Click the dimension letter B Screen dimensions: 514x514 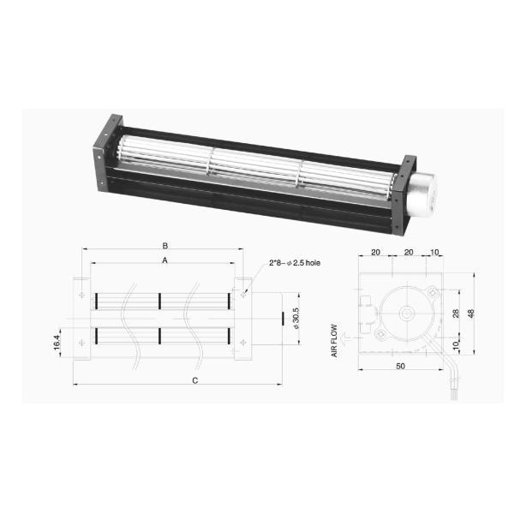click(165, 246)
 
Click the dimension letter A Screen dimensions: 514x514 click(164, 260)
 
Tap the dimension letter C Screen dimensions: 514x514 click(195, 380)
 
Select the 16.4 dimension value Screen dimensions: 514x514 click(57, 342)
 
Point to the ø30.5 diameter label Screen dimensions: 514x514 click(296, 318)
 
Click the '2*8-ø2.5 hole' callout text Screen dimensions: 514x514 click(295, 263)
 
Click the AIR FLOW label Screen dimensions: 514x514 click(334, 341)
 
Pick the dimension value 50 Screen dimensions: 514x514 click(401, 366)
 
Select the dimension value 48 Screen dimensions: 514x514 click(472, 314)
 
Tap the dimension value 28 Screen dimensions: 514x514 click(456, 314)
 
